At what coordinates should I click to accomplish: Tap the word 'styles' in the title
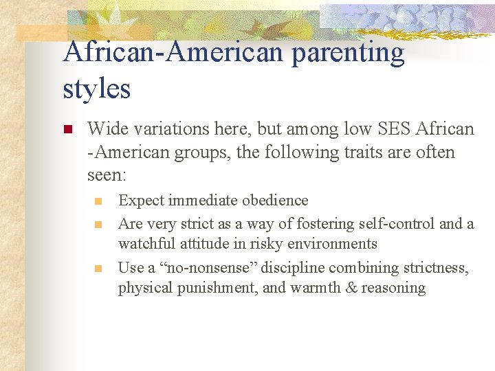tap(96, 89)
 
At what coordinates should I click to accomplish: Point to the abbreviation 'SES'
tap(378, 128)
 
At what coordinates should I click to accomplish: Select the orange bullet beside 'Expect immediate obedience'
tap(98, 201)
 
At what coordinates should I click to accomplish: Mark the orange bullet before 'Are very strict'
tap(98, 224)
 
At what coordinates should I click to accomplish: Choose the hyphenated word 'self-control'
tap(383, 223)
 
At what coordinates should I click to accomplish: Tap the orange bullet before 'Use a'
tap(98, 268)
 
